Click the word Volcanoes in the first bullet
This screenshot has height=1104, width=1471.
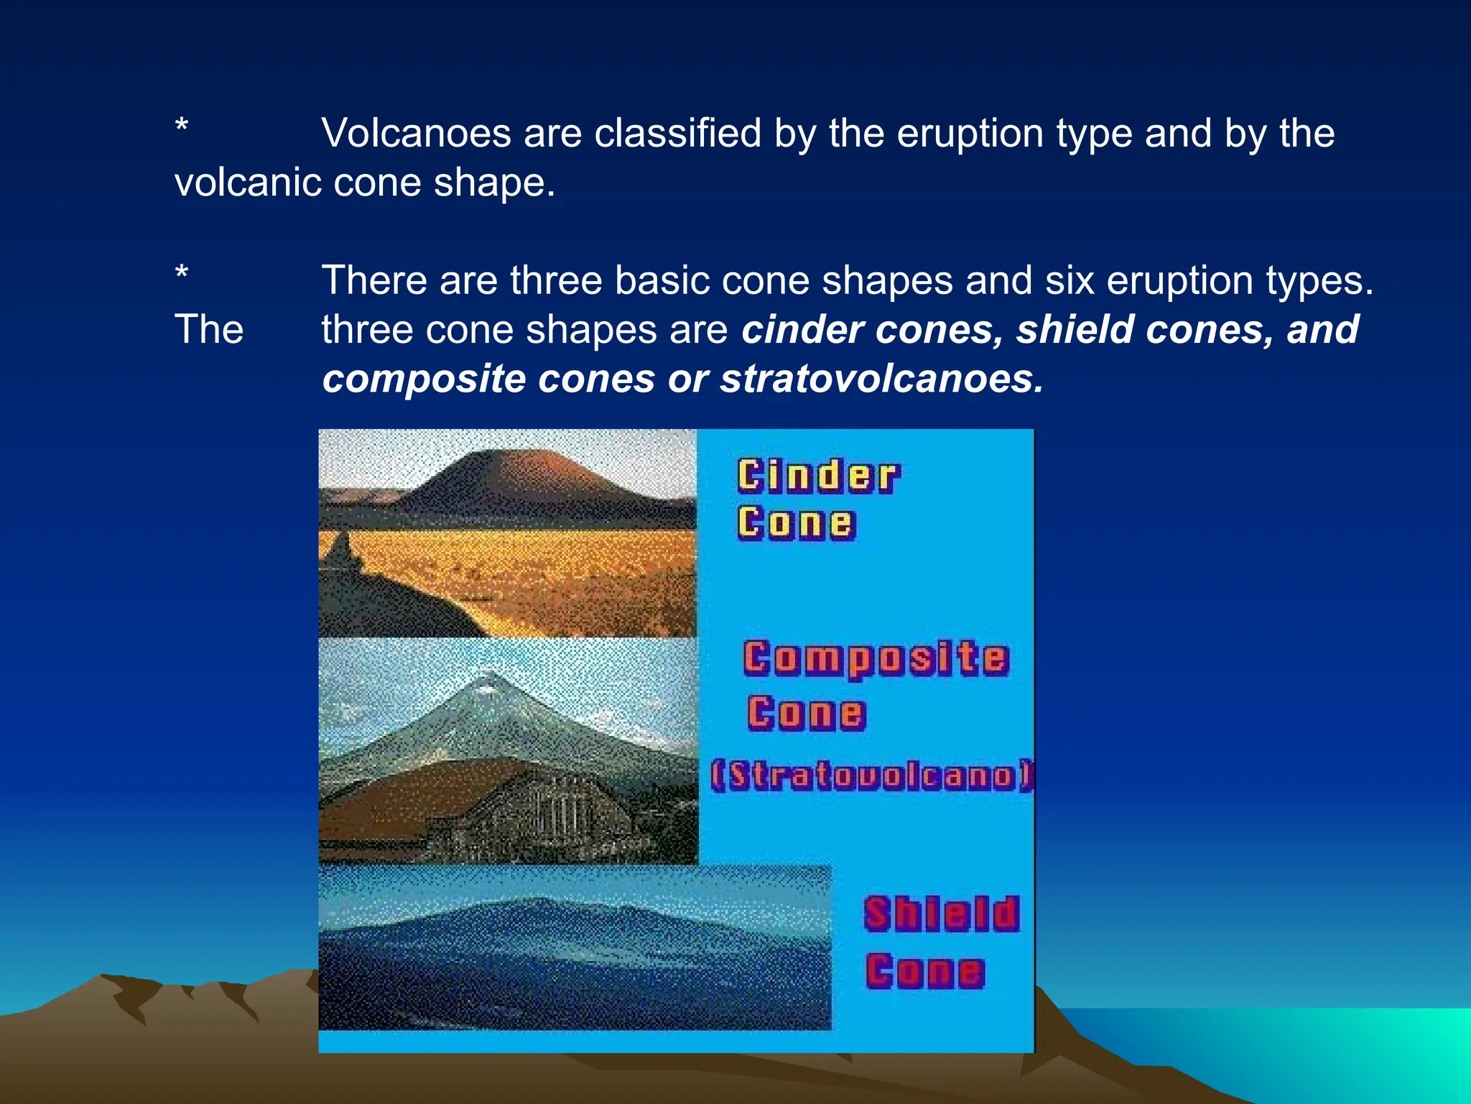tap(416, 134)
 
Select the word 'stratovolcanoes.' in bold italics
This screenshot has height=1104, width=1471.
tap(882, 379)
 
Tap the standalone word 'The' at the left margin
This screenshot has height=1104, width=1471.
tap(209, 330)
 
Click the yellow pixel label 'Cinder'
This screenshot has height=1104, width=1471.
tap(817, 477)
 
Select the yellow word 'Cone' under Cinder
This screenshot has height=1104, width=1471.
tap(796, 523)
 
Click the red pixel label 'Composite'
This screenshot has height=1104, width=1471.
tap(876, 658)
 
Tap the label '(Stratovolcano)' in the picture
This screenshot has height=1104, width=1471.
tap(871, 776)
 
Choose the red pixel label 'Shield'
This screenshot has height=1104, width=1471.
tap(941, 914)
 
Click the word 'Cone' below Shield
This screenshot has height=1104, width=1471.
tap(924, 972)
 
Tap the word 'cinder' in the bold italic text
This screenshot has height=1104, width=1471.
tap(802, 330)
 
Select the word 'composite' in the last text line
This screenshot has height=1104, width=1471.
tap(424, 379)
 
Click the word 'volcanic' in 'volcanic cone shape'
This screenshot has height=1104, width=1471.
tap(248, 183)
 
